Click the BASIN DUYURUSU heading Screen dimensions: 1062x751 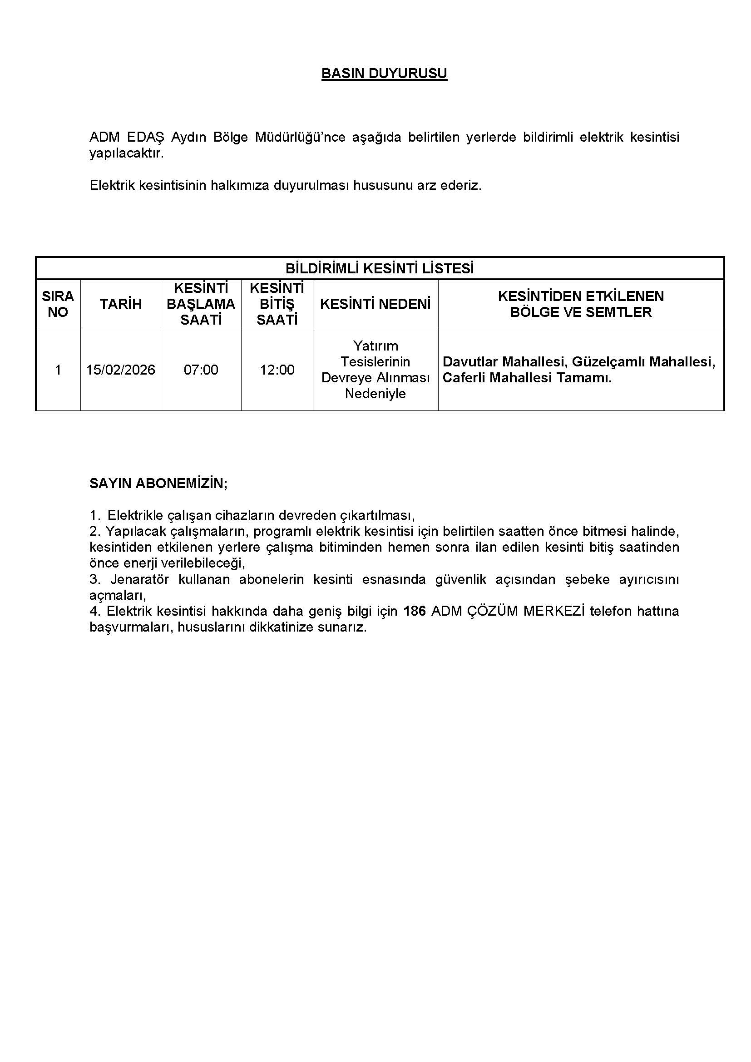(384, 74)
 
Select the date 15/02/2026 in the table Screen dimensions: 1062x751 (121, 370)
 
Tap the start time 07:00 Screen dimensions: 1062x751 (201, 370)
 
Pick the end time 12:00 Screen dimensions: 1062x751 (277, 370)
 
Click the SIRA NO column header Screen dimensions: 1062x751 (58, 304)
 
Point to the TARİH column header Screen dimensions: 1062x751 (121, 304)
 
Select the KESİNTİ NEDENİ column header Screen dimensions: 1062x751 (375, 304)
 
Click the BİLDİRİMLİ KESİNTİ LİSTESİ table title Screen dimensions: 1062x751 (379, 269)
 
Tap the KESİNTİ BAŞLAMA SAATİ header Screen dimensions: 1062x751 (201, 304)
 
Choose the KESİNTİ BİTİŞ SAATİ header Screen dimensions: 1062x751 (277, 304)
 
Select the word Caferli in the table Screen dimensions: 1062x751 (464, 378)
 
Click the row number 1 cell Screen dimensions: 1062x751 (58, 370)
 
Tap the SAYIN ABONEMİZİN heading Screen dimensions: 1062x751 (158, 484)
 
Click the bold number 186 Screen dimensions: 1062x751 (415, 611)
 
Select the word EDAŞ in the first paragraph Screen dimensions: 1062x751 (146, 138)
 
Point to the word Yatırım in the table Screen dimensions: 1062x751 (375, 346)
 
